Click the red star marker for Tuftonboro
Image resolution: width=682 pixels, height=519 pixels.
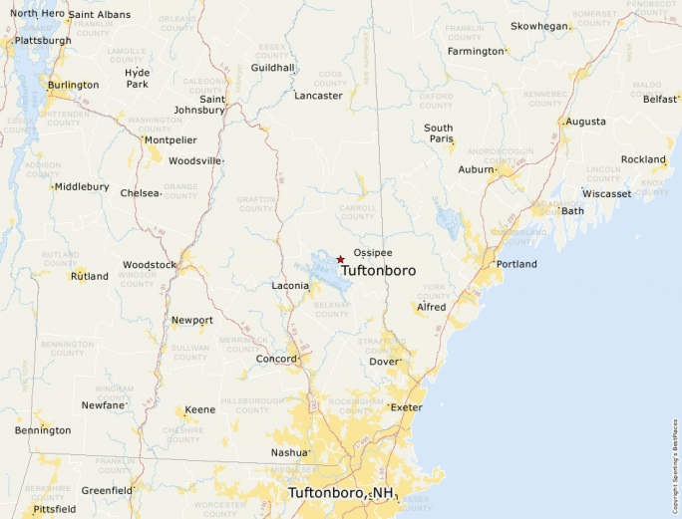pyautogui.click(x=340, y=259)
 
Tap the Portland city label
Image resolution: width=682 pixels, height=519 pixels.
pyautogui.click(x=516, y=264)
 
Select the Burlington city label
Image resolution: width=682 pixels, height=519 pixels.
pyautogui.click(x=73, y=85)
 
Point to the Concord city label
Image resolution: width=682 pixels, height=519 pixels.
pyautogui.click(x=276, y=359)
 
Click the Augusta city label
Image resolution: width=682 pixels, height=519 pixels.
pyautogui.click(x=585, y=122)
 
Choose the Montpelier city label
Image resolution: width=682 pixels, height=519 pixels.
pyautogui.click(x=170, y=140)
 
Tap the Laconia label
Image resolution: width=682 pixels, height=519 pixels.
pyautogui.click(x=290, y=286)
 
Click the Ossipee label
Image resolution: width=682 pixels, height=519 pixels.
pyautogui.click(x=373, y=253)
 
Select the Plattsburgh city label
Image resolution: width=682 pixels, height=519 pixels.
pyautogui.click(x=43, y=41)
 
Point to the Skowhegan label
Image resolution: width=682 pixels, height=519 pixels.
pyautogui.click(x=539, y=26)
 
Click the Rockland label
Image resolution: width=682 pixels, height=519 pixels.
pyautogui.click(x=643, y=159)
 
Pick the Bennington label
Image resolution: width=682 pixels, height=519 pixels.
pyautogui.click(x=43, y=430)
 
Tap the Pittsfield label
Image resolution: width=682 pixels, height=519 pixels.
pyautogui.click(x=53, y=509)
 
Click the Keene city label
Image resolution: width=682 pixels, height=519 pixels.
pyautogui.click(x=199, y=409)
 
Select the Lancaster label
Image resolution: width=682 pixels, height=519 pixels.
pyautogui.click(x=318, y=96)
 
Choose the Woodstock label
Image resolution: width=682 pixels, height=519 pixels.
pyautogui.click(x=149, y=265)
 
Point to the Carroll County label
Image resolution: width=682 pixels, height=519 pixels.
pyautogui.click(x=358, y=213)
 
